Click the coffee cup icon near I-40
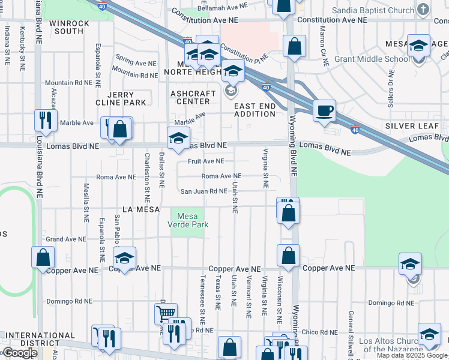click(x=324, y=111)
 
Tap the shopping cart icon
click(x=166, y=313)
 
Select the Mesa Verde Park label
click(x=189, y=220)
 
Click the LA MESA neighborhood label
click(x=140, y=209)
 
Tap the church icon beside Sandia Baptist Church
click(x=424, y=10)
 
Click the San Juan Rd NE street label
click(x=204, y=191)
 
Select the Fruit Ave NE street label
click(x=205, y=161)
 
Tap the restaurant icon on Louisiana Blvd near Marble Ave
click(x=45, y=120)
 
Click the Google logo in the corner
click(x=20, y=353)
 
